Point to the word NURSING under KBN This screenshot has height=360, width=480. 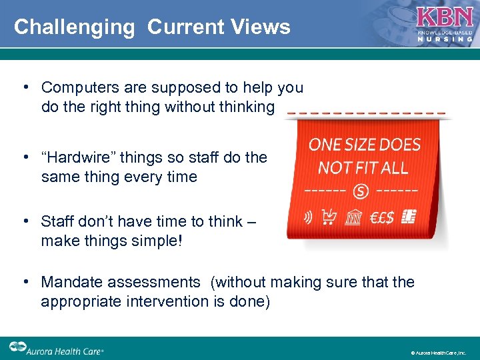point(445,39)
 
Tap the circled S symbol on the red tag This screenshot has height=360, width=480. point(361,191)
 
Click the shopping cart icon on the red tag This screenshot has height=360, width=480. point(329,217)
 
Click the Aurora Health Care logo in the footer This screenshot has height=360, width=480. point(57,348)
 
